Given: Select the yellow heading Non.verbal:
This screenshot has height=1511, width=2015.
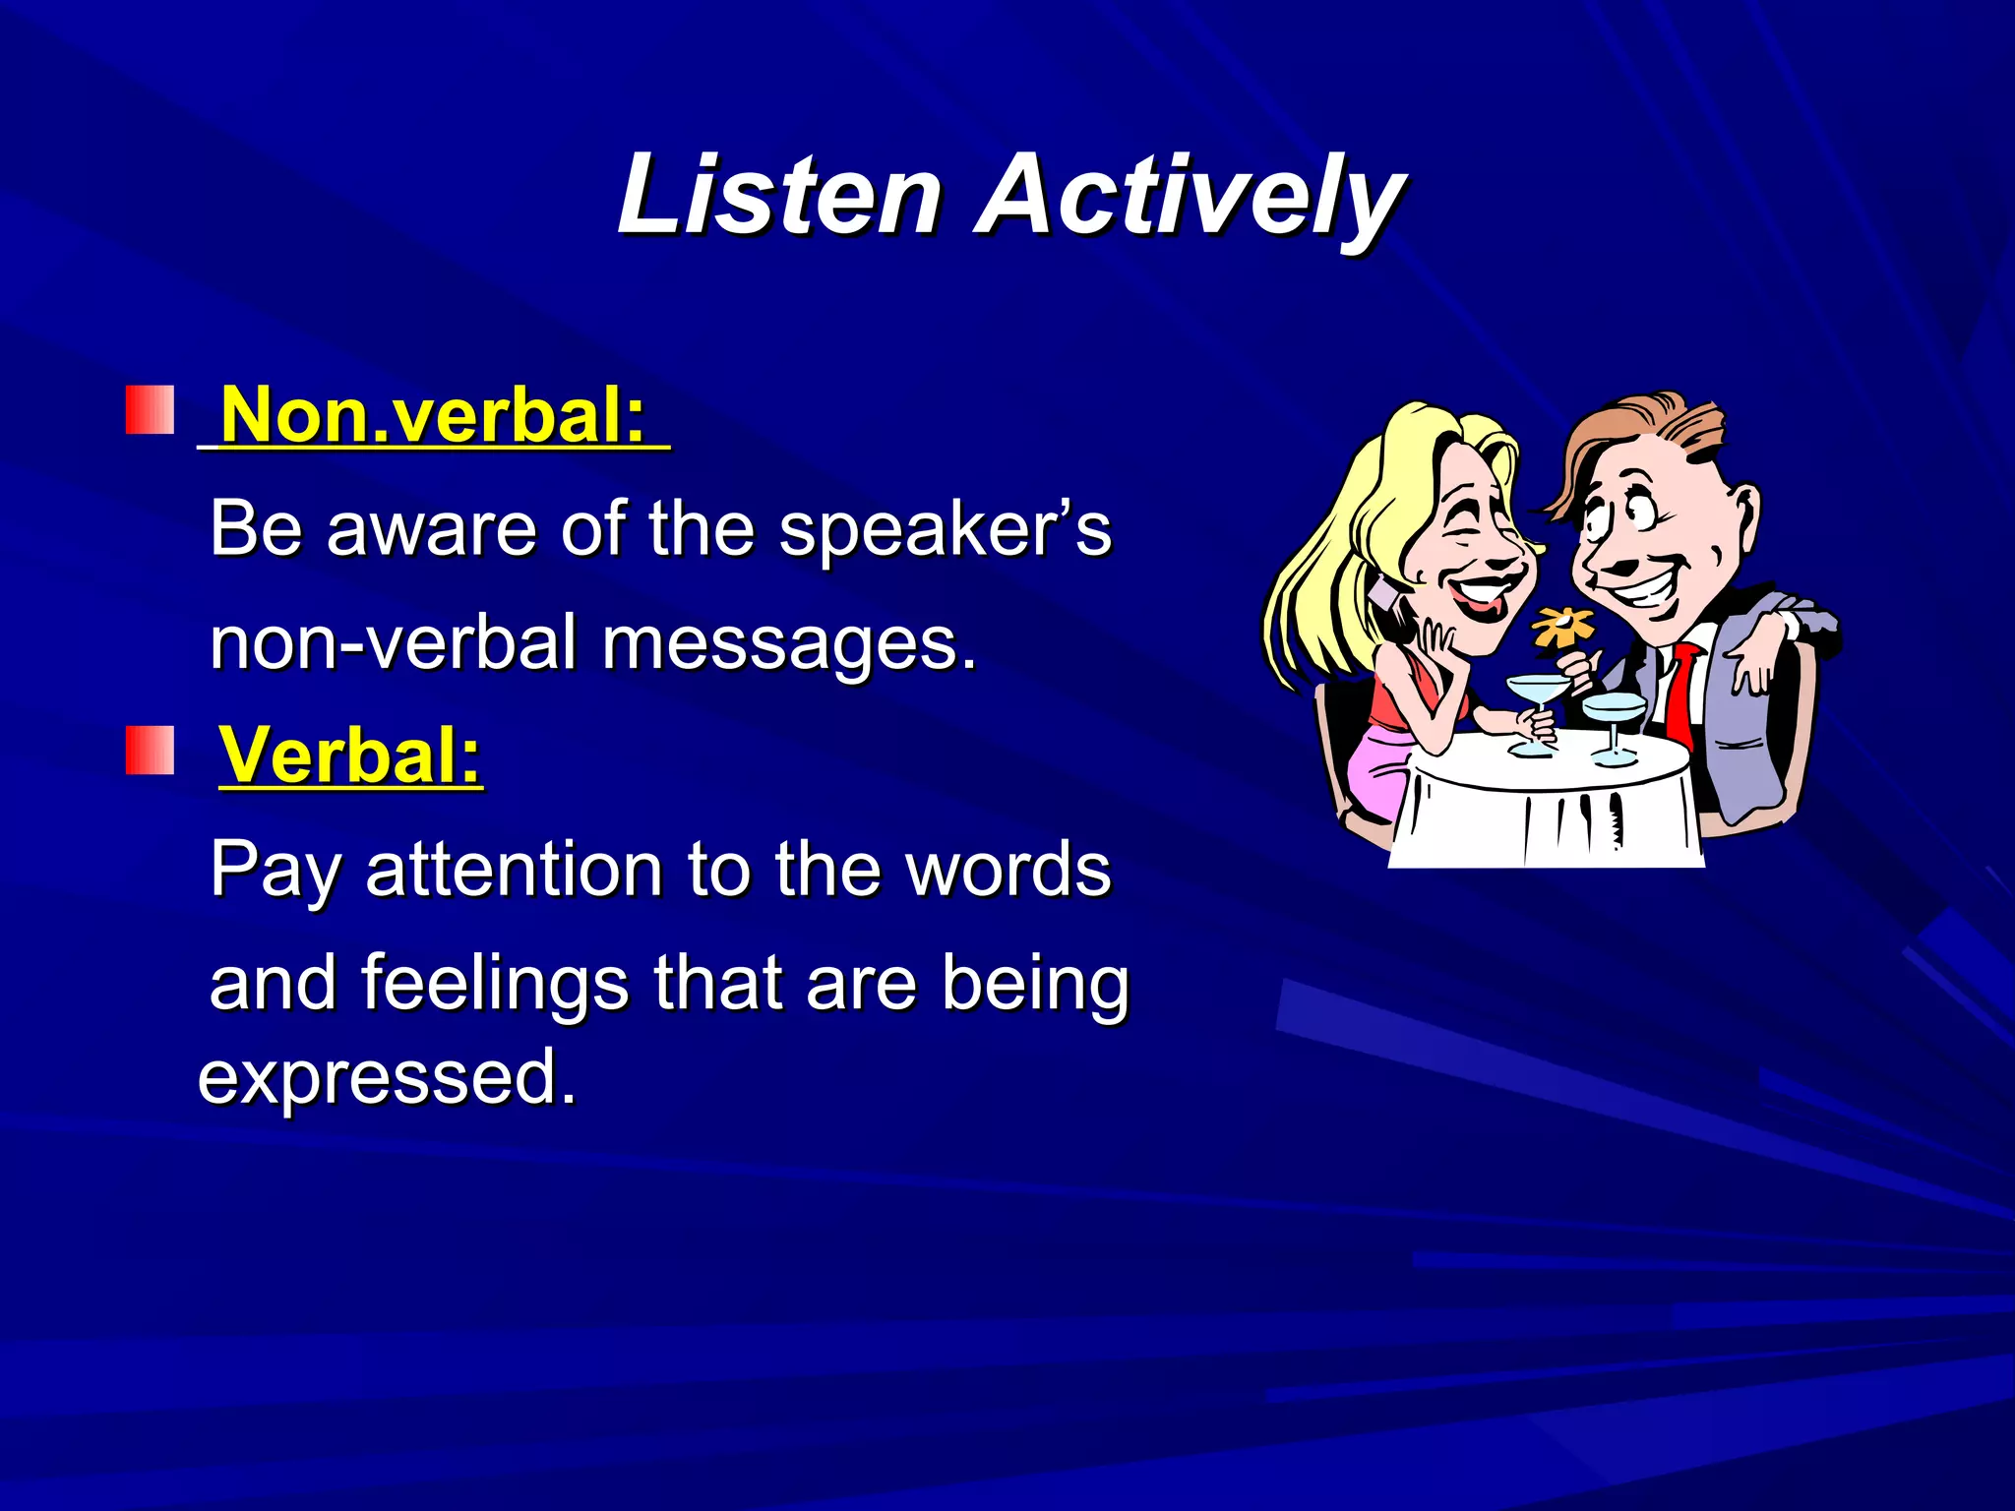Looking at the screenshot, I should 433,415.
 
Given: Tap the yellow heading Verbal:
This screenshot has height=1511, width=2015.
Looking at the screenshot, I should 350,755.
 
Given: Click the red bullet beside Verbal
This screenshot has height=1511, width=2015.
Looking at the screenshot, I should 150,752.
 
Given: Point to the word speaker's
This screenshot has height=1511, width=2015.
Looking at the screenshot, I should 945,531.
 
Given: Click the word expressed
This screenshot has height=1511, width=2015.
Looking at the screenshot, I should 386,1077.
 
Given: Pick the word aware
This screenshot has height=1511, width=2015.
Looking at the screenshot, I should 433,531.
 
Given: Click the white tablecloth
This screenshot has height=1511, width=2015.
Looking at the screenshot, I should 1545,816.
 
